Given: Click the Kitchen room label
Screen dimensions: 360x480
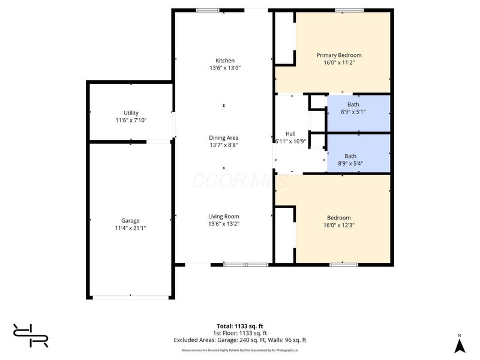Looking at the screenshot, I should pos(225,60).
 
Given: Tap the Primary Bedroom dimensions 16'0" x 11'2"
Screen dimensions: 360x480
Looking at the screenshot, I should pos(339,62).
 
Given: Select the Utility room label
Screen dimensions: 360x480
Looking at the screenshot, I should pos(131,113).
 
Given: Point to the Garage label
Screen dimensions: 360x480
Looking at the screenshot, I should pos(130,221).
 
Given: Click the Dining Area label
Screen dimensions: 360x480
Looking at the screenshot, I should pos(224,137).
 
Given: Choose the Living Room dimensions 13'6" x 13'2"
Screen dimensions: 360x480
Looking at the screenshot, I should pos(224,224).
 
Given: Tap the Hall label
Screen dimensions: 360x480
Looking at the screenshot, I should pos(290,134).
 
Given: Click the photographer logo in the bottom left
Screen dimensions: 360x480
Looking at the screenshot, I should pos(31,335).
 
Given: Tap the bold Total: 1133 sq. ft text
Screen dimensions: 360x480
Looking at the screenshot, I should pos(240,326).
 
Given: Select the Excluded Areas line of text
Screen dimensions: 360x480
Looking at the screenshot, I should pos(240,340).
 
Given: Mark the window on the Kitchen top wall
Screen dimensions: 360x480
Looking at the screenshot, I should pos(208,10).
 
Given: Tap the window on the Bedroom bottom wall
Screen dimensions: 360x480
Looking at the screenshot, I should pos(340,264).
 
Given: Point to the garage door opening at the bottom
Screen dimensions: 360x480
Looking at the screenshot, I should pos(131,296).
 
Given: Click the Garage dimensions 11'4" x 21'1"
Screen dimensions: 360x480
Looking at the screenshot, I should pos(130,228).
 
